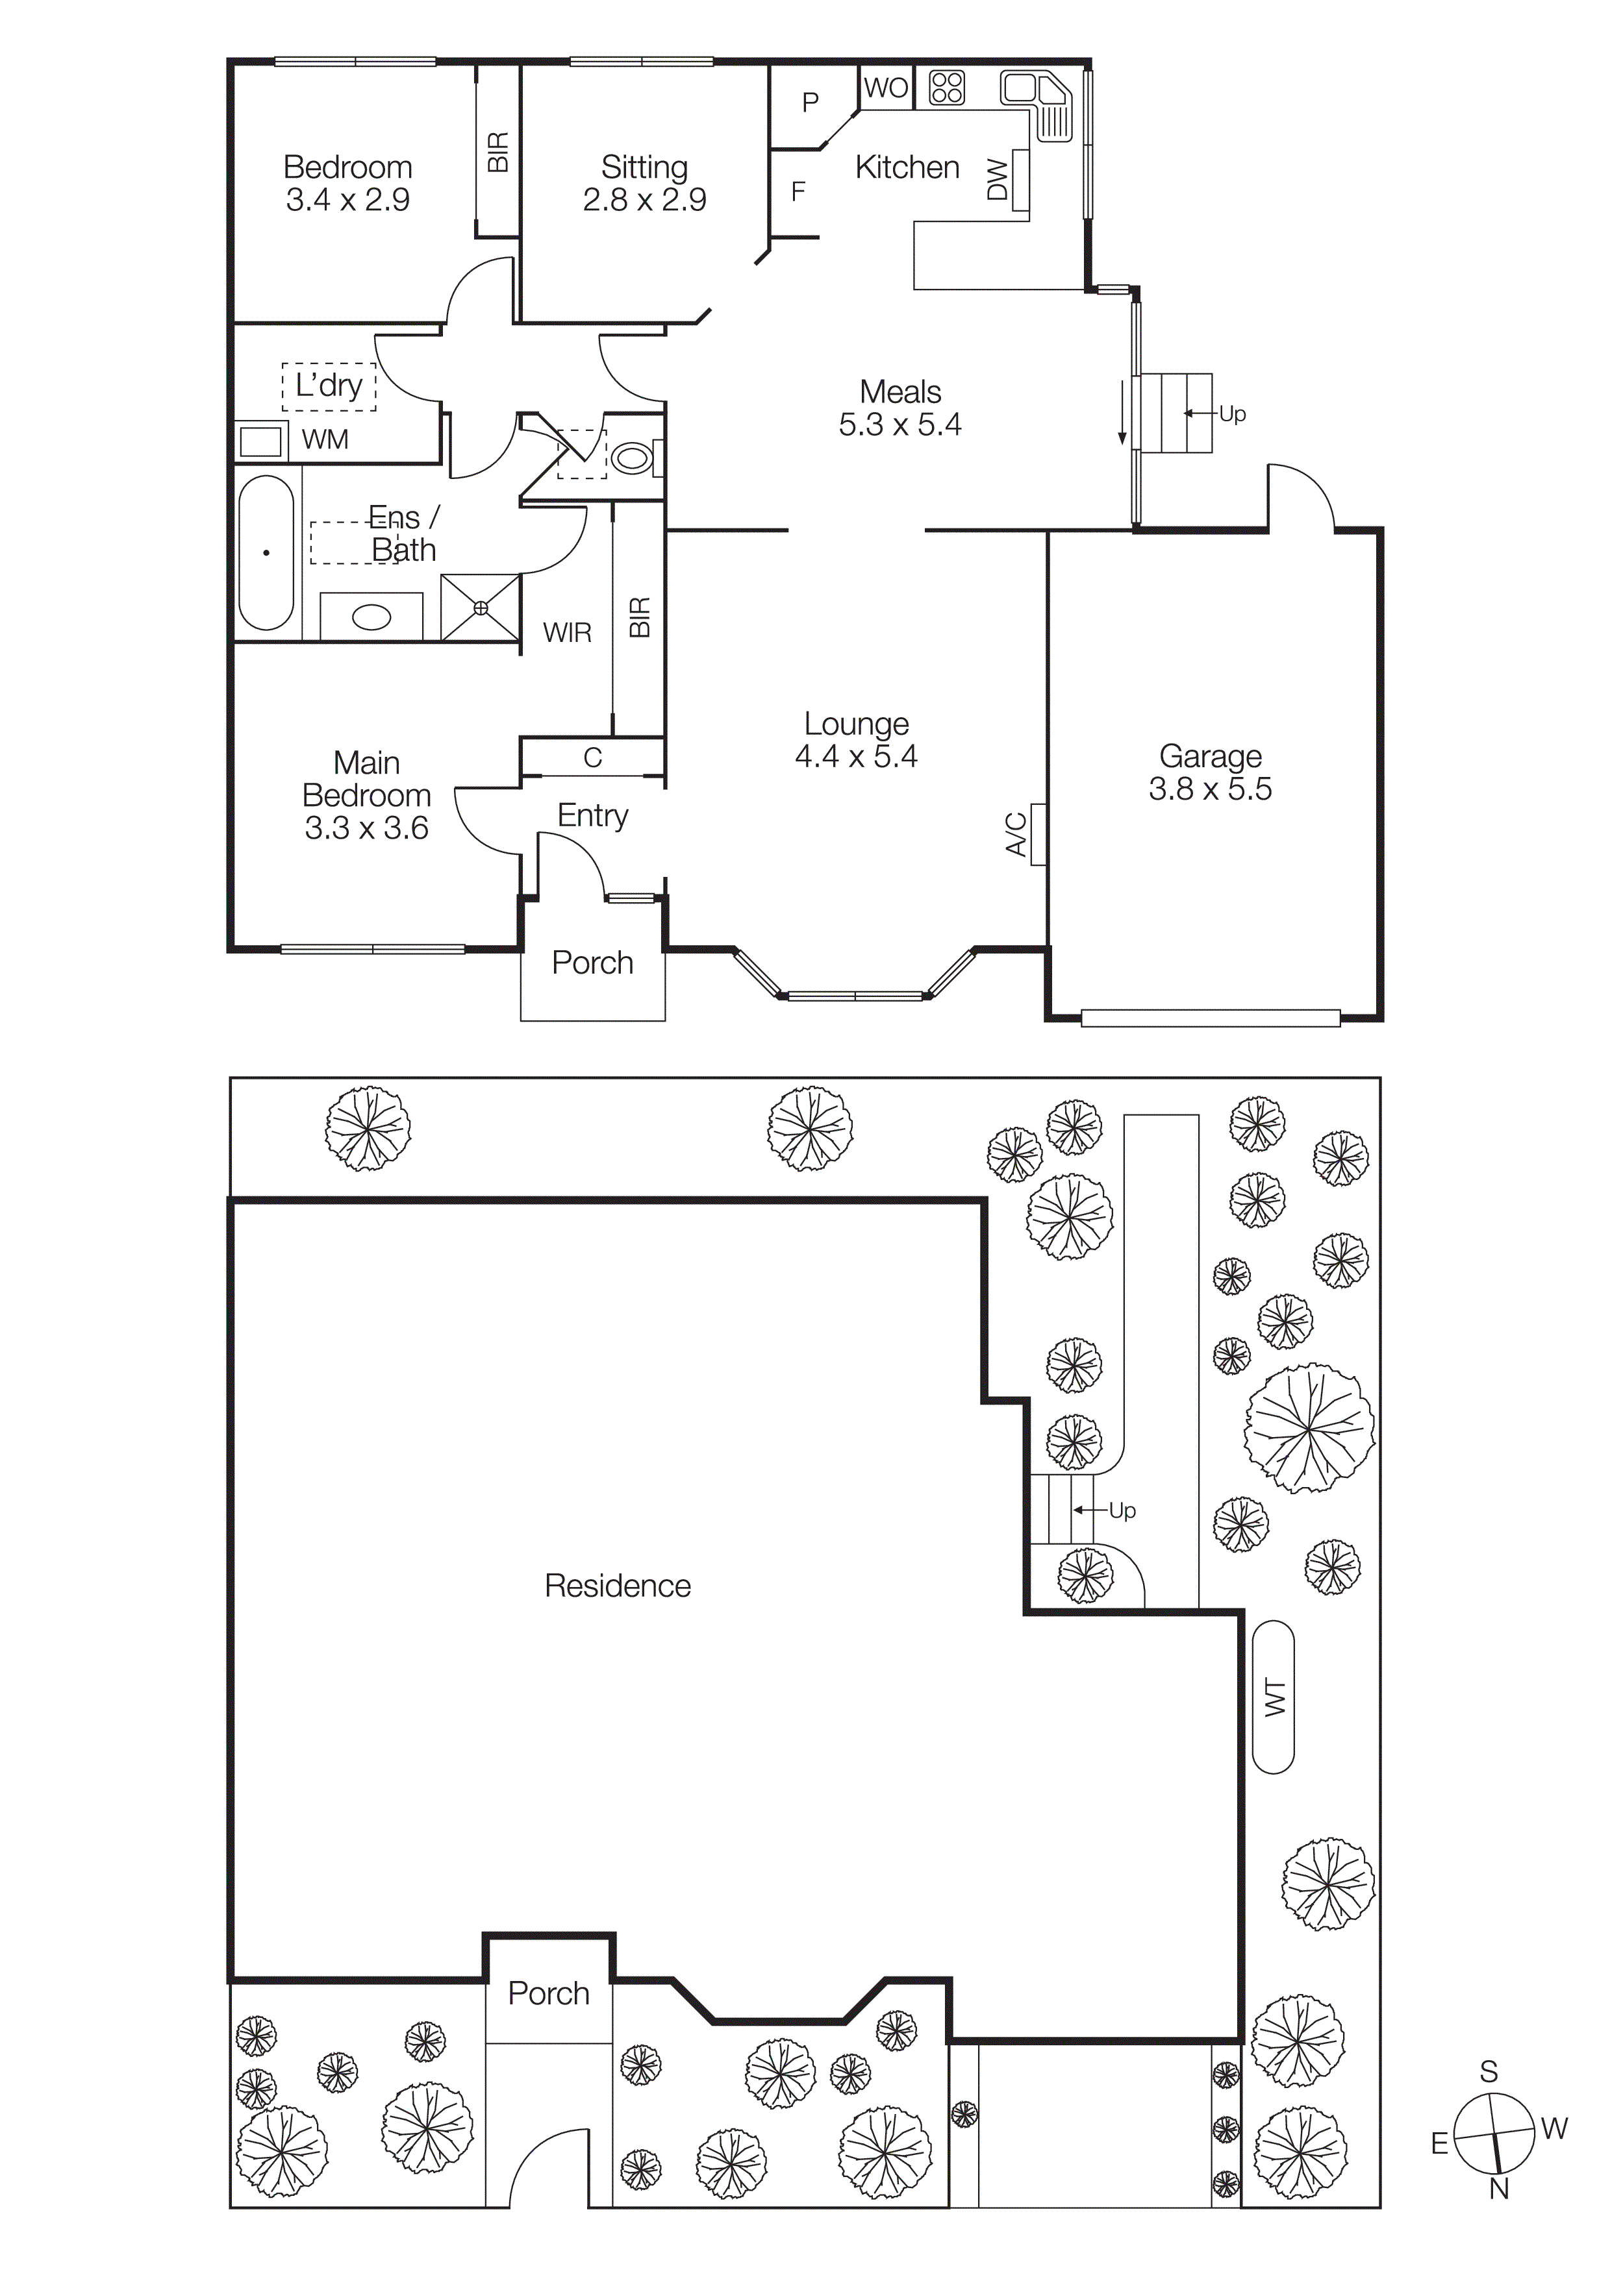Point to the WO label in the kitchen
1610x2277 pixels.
(885, 88)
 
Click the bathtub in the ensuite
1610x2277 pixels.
(266, 552)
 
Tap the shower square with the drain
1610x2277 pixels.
(480, 607)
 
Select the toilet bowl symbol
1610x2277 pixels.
(632, 458)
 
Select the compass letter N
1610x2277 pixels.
(1499, 2187)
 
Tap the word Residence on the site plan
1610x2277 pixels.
(617, 1586)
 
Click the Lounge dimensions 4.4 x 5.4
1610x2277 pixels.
(855, 757)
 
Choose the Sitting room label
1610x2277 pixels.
(644, 167)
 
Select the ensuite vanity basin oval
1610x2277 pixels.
(372, 617)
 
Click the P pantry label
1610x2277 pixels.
(811, 101)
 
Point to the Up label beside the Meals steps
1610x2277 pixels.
(1232, 413)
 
